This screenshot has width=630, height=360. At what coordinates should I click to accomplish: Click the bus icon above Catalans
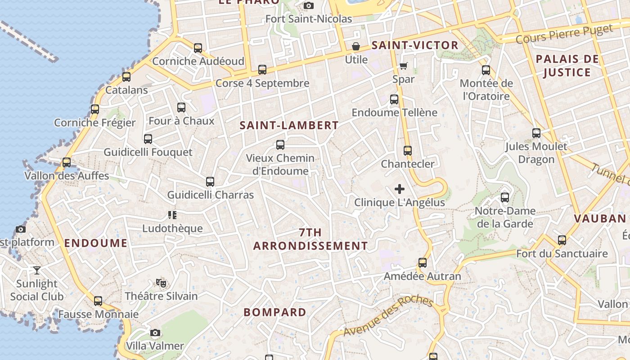coord(126,77)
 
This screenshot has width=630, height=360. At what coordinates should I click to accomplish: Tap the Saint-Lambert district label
coord(289,125)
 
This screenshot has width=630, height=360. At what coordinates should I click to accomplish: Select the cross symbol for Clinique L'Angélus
coord(399,189)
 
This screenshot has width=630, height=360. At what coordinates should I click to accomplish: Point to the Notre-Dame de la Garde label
coord(505,217)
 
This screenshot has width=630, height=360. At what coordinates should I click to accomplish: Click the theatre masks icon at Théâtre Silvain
coord(161,283)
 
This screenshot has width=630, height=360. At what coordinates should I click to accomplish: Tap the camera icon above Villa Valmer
coord(155,333)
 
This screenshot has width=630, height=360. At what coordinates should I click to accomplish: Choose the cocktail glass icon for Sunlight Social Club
coord(37,270)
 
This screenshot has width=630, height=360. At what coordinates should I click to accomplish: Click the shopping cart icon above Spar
coord(404,66)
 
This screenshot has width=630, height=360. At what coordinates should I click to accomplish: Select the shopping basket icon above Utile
coord(356,46)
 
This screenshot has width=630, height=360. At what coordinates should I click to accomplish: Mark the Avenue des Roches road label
coord(388,317)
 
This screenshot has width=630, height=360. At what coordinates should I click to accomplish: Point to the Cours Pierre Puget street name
coord(564,34)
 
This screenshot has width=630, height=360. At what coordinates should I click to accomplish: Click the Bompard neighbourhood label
coord(275,312)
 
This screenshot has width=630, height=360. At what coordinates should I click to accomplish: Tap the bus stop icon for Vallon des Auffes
coord(67,162)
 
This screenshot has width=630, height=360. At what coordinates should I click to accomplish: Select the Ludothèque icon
coord(172,215)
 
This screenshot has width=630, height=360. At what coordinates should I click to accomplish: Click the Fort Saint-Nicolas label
coord(309,19)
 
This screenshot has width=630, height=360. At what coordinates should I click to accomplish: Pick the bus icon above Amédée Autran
coord(422,263)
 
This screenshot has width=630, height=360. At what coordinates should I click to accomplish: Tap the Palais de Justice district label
coord(567,66)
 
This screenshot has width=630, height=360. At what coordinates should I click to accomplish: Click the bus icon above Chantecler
coord(408,151)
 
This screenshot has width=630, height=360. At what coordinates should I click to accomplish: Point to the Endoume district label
coord(96,243)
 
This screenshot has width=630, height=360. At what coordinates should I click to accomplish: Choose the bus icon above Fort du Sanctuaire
coord(562,240)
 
